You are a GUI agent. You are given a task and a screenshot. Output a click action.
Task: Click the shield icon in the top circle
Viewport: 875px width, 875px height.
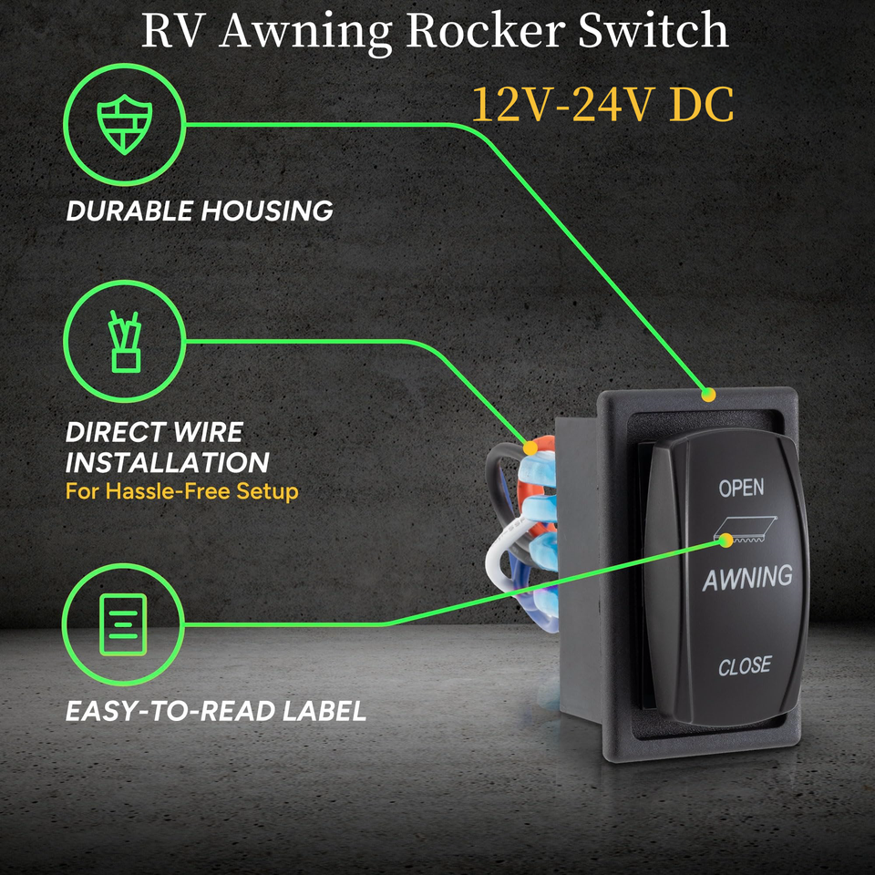click(125, 125)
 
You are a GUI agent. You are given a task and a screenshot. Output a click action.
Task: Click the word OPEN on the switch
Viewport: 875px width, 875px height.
click(741, 489)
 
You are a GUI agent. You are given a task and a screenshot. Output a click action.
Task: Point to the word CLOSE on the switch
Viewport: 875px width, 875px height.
click(745, 666)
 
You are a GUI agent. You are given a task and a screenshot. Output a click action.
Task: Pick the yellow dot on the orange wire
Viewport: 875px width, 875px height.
click(530, 448)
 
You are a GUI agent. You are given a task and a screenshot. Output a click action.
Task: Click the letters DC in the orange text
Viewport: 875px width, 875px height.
click(701, 107)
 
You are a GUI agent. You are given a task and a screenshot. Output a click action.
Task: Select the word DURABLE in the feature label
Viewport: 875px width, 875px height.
click(129, 211)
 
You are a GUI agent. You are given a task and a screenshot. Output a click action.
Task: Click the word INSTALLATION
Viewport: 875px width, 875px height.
click(168, 462)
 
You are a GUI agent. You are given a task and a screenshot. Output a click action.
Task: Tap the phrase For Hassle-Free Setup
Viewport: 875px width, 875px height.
click(182, 491)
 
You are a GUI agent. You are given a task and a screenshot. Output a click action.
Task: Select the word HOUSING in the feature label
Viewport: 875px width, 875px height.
click(267, 211)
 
